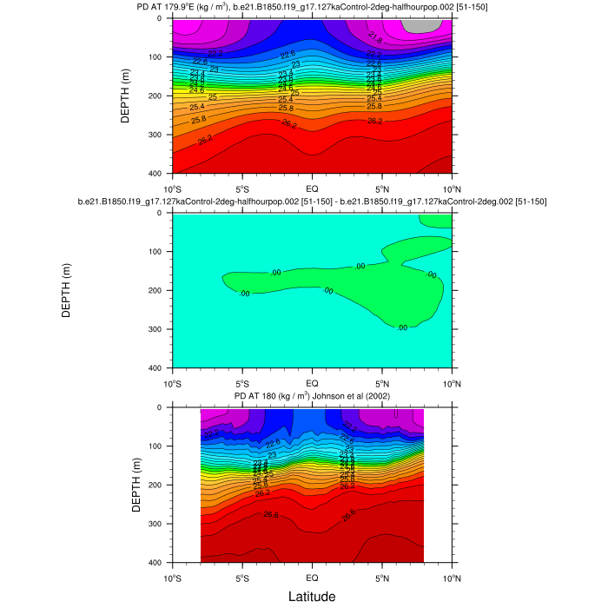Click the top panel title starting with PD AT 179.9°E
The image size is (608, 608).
[x=313, y=8]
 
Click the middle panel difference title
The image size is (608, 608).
[x=313, y=202]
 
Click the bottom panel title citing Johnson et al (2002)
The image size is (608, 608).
[x=313, y=396]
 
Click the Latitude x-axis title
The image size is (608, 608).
[x=313, y=597]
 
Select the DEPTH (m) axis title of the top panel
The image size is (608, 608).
[x=125, y=96]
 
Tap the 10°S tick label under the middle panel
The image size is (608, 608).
[x=173, y=383]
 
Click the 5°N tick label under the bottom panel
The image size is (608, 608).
[x=383, y=578]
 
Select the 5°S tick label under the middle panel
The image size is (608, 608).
[x=242, y=383]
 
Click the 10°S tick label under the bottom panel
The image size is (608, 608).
[x=173, y=578]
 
